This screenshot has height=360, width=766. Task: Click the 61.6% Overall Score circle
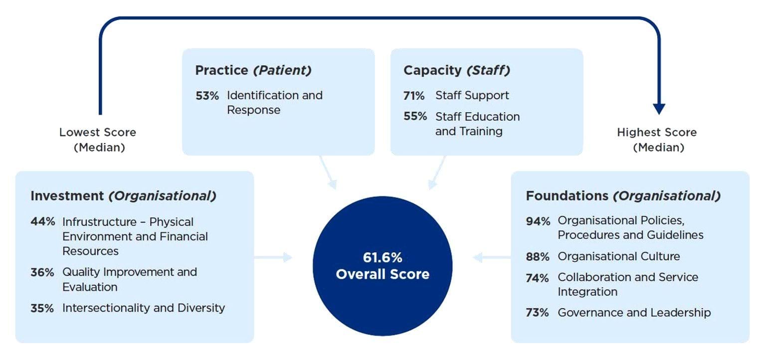tap(383, 266)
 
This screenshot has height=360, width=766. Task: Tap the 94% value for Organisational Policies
tap(538, 221)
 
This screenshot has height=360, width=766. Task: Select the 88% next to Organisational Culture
tap(538, 257)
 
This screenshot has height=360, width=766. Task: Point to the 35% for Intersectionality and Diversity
tap(42, 308)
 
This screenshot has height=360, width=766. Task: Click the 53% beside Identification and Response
tap(207, 96)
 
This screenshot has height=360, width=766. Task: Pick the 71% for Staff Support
tap(414, 96)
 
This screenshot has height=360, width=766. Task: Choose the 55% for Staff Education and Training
tap(415, 117)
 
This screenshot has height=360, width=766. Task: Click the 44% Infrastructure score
tap(43, 222)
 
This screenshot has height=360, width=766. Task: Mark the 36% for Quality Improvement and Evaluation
tap(42, 273)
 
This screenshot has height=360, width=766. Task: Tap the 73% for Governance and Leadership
tap(538, 313)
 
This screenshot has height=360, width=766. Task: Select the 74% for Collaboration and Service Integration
tap(538, 278)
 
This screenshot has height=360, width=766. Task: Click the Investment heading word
tap(68, 196)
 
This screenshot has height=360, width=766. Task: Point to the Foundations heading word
tap(568, 196)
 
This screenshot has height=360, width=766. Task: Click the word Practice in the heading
tap(221, 70)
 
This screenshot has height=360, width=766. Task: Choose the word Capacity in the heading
tap(432, 70)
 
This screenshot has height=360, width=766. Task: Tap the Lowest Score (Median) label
tap(98, 140)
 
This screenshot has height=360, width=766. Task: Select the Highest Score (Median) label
tap(657, 140)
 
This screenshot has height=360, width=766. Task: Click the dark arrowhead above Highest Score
tap(659, 109)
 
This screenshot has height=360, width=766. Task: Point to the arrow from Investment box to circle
tap(273, 257)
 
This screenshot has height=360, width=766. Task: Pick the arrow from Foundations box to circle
tap(491, 257)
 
